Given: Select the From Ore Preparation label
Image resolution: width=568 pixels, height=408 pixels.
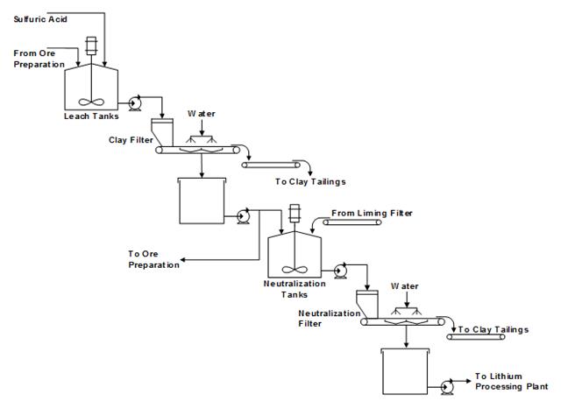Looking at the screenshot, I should tap(39, 58).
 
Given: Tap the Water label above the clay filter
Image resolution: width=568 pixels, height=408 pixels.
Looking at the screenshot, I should tap(202, 114).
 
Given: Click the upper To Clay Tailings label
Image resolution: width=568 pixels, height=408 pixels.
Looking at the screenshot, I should tap(310, 181).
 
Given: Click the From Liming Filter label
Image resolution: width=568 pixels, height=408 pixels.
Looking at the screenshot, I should tap(372, 213).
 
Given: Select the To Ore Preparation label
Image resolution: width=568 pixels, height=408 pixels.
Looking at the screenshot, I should tap(154, 259).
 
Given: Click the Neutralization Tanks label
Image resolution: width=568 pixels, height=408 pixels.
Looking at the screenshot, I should tap(294, 289).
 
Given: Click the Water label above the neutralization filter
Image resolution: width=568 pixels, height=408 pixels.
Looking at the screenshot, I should tap(405, 286).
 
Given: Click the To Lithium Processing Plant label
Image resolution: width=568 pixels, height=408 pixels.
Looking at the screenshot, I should tap(512, 381).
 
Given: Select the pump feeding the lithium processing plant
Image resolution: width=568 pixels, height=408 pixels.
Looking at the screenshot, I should tap(449, 384).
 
